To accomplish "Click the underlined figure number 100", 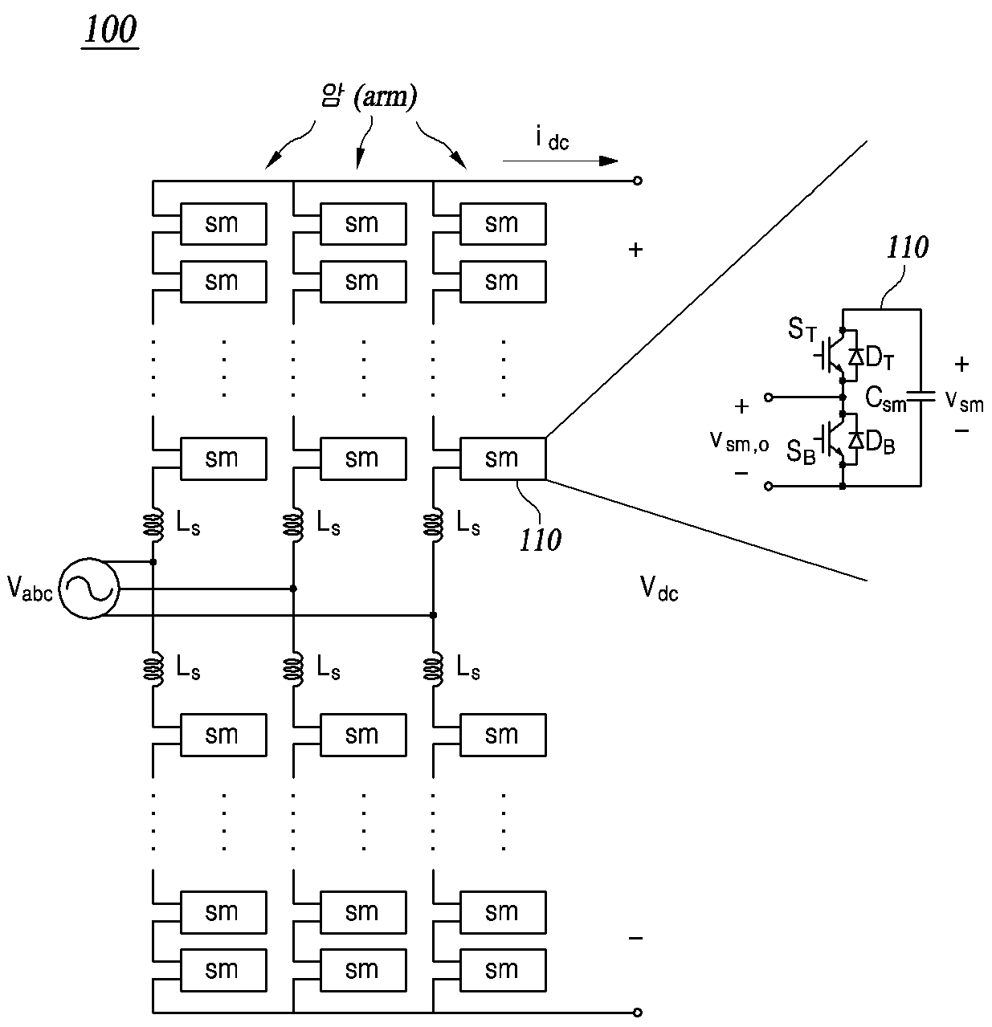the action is click(x=110, y=31).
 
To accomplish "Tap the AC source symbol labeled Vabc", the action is click(x=88, y=589).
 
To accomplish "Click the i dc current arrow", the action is click(x=560, y=161).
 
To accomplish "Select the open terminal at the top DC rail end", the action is click(x=637, y=181).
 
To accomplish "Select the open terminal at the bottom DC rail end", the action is click(x=637, y=1013).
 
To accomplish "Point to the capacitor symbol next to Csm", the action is click(x=921, y=396).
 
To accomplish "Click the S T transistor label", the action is click(x=802, y=330).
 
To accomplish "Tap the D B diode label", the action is click(x=880, y=442).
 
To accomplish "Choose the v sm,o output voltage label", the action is click(x=739, y=441).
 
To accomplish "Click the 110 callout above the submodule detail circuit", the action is click(x=907, y=247).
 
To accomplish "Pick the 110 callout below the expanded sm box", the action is click(x=540, y=540).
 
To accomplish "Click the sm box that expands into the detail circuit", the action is click(x=503, y=458).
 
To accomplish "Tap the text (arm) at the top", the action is click(x=385, y=97).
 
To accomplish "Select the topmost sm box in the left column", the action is click(x=223, y=224).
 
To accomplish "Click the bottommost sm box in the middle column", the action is click(x=363, y=970).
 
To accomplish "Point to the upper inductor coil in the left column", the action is click(x=153, y=524).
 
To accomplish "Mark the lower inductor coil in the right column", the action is click(x=434, y=670).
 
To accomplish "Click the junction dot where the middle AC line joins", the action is click(x=293, y=589).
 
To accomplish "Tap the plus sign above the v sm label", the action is click(x=961, y=364).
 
